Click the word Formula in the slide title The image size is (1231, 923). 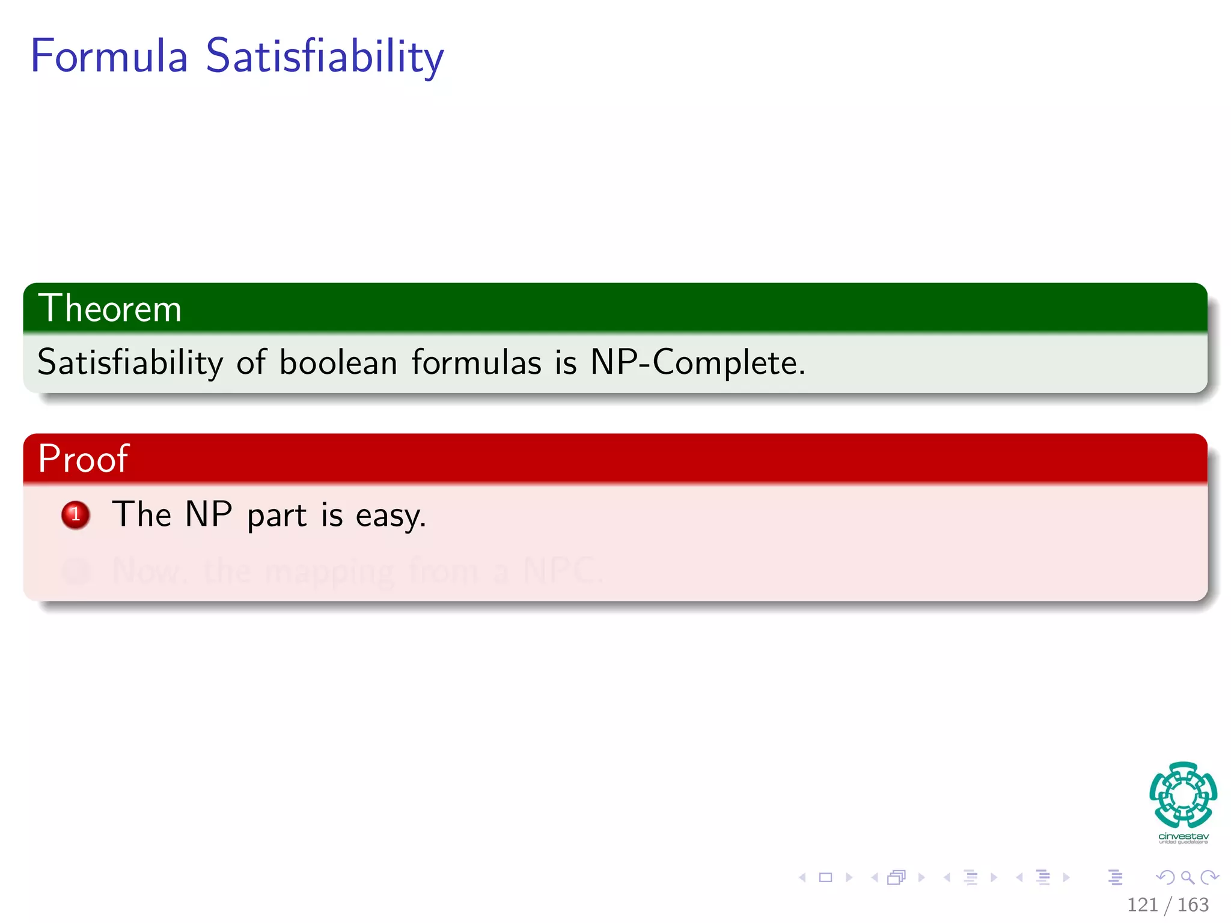[109, 56]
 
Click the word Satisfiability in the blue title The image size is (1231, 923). [325, 56]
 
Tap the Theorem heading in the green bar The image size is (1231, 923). [109, 309]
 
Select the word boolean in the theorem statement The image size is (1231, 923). [338, 362]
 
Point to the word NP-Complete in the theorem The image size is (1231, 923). [697, 362]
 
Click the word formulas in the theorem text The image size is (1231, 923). [476, 362]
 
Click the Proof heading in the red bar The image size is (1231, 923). [83, 458]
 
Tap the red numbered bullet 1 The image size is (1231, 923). [76, 515]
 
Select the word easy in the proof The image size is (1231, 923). [390, 516]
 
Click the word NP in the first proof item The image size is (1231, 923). [209, 514]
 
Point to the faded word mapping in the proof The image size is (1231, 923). [330, 571]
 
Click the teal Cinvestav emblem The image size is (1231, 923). [1183, 794]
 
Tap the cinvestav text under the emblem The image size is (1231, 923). [1183, 836]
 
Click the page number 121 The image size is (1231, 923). [1142, 904]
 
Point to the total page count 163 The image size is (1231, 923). [1193, 904]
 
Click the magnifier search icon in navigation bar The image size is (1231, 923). [1188, 877]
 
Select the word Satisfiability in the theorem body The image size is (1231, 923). [130, 362]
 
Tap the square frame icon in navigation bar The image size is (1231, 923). [826, 877]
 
